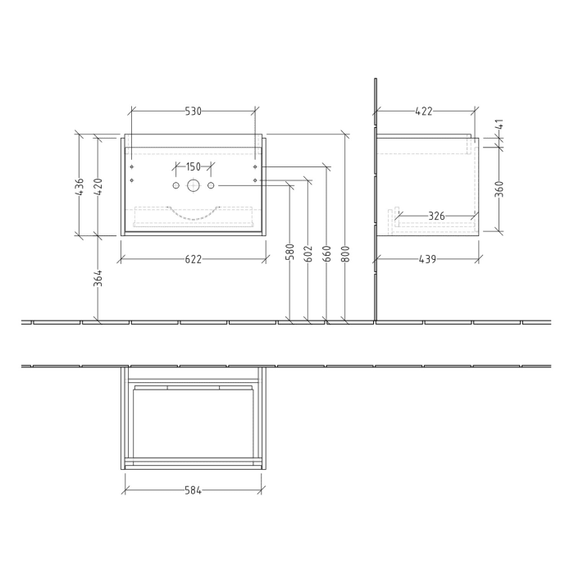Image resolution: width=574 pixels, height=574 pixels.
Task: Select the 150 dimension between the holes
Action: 193,166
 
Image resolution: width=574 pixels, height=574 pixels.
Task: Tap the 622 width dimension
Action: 193,259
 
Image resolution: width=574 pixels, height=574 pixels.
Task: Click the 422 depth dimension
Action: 423,111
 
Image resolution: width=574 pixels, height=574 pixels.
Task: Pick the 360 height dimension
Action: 499,189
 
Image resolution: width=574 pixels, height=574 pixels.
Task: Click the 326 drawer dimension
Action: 436,216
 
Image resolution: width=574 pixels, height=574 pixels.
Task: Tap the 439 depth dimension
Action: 427,259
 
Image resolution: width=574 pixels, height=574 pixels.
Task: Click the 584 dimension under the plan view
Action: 193,490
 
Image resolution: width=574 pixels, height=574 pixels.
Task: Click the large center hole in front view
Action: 193,185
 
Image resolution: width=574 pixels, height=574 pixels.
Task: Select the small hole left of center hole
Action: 175,185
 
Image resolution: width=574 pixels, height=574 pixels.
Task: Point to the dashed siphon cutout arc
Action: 193,218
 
